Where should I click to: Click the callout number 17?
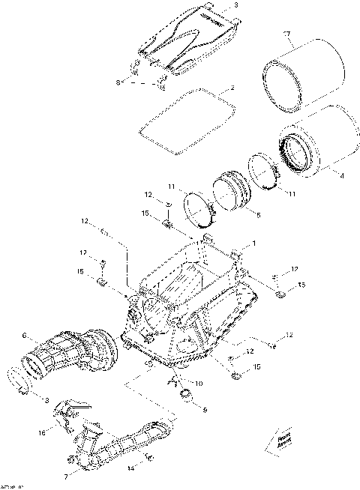[286, 34]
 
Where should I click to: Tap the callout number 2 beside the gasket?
[233, 88]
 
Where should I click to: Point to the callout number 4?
[343, 177]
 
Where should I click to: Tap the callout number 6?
[24, 334]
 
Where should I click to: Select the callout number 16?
[41, 432]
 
